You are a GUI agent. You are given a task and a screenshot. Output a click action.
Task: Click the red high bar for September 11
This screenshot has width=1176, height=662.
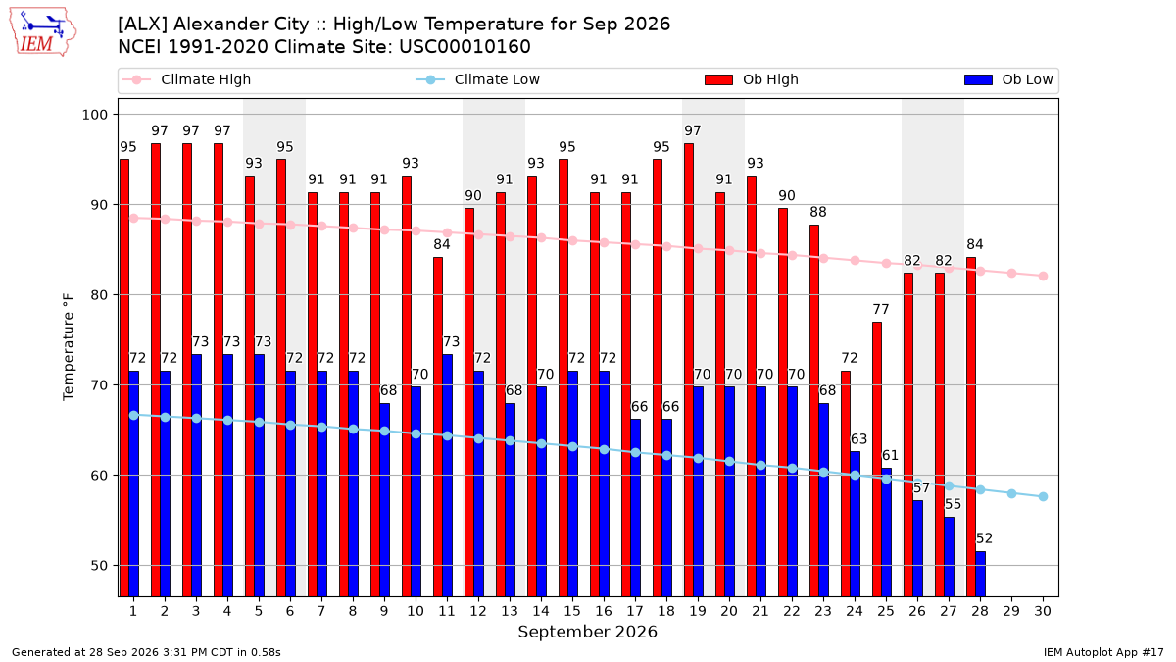[438, 427]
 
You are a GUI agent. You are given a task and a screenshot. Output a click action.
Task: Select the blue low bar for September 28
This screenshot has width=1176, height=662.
[980, 574]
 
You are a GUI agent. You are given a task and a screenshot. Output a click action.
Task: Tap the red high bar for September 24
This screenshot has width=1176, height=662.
[846, 484]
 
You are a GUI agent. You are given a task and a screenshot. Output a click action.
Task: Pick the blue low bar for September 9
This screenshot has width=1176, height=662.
[384, 499]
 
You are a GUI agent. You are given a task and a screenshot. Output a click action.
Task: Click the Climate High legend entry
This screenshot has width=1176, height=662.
[187, 79]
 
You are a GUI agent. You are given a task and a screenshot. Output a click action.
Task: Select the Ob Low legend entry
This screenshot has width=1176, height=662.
[1008, 79]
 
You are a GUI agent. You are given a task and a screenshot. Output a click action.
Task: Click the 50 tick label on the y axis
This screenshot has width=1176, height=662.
[98, 566]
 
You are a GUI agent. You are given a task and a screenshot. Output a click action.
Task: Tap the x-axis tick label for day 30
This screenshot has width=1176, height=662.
[1043, 611]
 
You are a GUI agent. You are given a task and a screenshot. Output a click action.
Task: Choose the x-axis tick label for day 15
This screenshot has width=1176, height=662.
[572, 611]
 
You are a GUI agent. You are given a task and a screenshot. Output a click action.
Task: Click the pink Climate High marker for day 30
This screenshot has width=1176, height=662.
[1043, 276]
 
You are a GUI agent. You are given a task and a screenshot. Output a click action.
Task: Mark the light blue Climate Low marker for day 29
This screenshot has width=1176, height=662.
[1011, 494]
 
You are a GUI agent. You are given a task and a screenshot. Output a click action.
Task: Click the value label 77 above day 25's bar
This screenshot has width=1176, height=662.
[880, 309]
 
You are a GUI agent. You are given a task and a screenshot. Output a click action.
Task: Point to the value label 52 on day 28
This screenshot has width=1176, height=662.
[984, 538]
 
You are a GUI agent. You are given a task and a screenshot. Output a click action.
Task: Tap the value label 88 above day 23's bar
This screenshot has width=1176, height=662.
[818, 212]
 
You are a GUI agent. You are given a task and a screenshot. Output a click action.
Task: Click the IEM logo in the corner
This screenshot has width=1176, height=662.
[43, 32]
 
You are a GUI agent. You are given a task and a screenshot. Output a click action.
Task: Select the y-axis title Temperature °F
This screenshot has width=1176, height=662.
[69, 347]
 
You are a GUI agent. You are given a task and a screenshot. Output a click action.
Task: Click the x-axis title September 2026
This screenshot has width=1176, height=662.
[587, 632]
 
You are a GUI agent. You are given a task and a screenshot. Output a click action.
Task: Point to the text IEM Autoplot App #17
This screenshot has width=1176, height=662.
[1103, 652]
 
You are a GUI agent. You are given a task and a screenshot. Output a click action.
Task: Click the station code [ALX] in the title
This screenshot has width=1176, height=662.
[142, 25]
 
